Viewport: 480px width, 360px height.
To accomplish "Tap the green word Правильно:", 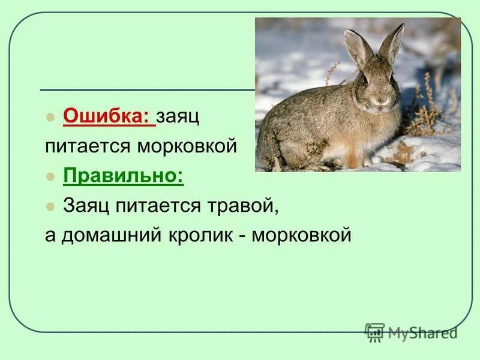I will (x=123, y=176).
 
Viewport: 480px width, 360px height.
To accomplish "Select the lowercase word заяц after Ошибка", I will (x=178, y=116).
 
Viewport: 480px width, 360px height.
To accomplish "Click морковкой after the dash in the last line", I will (x=302, y=235).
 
